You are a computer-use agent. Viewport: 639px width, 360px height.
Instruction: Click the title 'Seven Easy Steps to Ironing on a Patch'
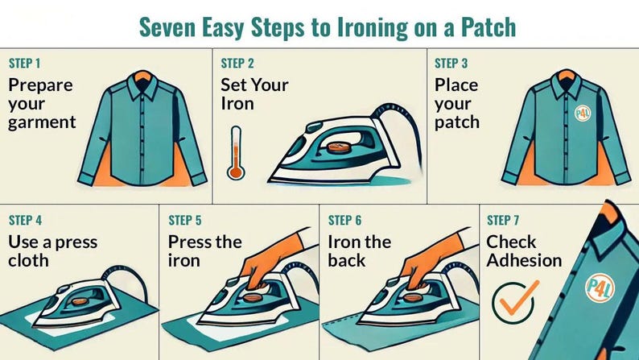pyautogui.click(x=327, y=26)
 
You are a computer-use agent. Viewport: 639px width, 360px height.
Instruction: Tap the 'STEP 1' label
pyautogui.click(x=26, y=64)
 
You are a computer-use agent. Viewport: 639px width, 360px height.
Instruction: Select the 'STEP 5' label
pyautogui.click(x=185, y=220)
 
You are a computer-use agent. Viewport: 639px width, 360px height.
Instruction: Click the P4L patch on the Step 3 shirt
pyautogui.click(x=583, y=114)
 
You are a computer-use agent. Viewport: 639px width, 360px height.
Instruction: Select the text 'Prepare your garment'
pyautogui.click(x=42, y=104)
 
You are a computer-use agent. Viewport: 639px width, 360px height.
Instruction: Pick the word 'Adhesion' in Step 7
pyautogui.click(x=524, y=260)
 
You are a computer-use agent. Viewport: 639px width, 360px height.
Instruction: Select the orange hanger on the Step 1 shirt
pyautogui.click(x=142, y=75)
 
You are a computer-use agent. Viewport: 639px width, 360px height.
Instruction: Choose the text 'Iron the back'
pyautogui.click(x=359, y=251)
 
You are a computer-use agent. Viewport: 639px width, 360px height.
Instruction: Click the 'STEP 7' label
pyautogui.click(x=504, y=220)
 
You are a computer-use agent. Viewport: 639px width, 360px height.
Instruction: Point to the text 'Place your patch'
pyautogui.click(x=456, y=104)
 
